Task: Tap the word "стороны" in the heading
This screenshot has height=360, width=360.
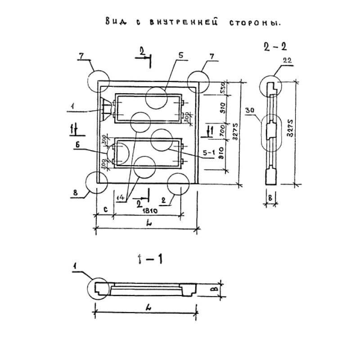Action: [254, 23]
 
